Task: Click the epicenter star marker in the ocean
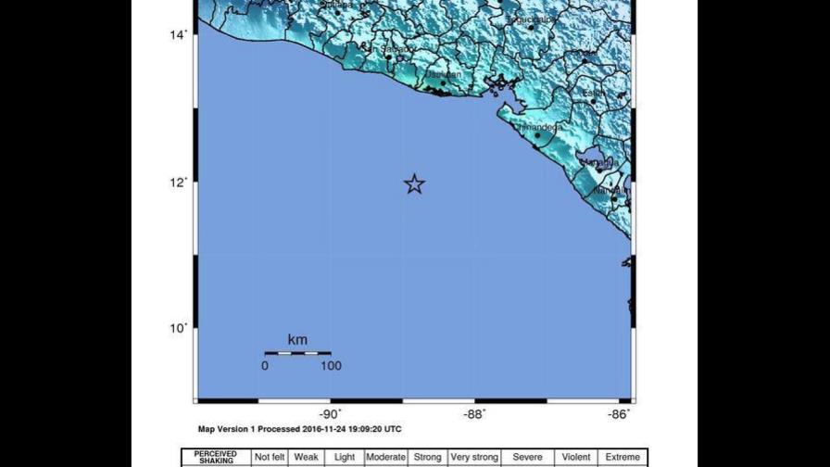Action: (x=414, y=183)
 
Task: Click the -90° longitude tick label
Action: (x=331, y=414)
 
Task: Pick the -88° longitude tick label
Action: (x=475, y=414)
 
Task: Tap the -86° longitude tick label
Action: (x=620, y=414)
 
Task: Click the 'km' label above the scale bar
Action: (x=296, y=340)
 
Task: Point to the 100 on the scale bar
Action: (x=331, y=366)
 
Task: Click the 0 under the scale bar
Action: (x=265, y=366)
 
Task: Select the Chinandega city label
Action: (x=537, y=127)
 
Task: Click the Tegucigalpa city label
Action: (x=532, y=19)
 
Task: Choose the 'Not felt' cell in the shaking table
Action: (x=269, y=457)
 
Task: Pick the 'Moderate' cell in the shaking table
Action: (x=385, y=457)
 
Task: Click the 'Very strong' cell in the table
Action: (x=473, y=457)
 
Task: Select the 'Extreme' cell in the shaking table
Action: (x=622, y=457)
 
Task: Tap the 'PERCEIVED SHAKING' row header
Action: (x=216, y=457)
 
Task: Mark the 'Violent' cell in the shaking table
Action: (x=576, y=457)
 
